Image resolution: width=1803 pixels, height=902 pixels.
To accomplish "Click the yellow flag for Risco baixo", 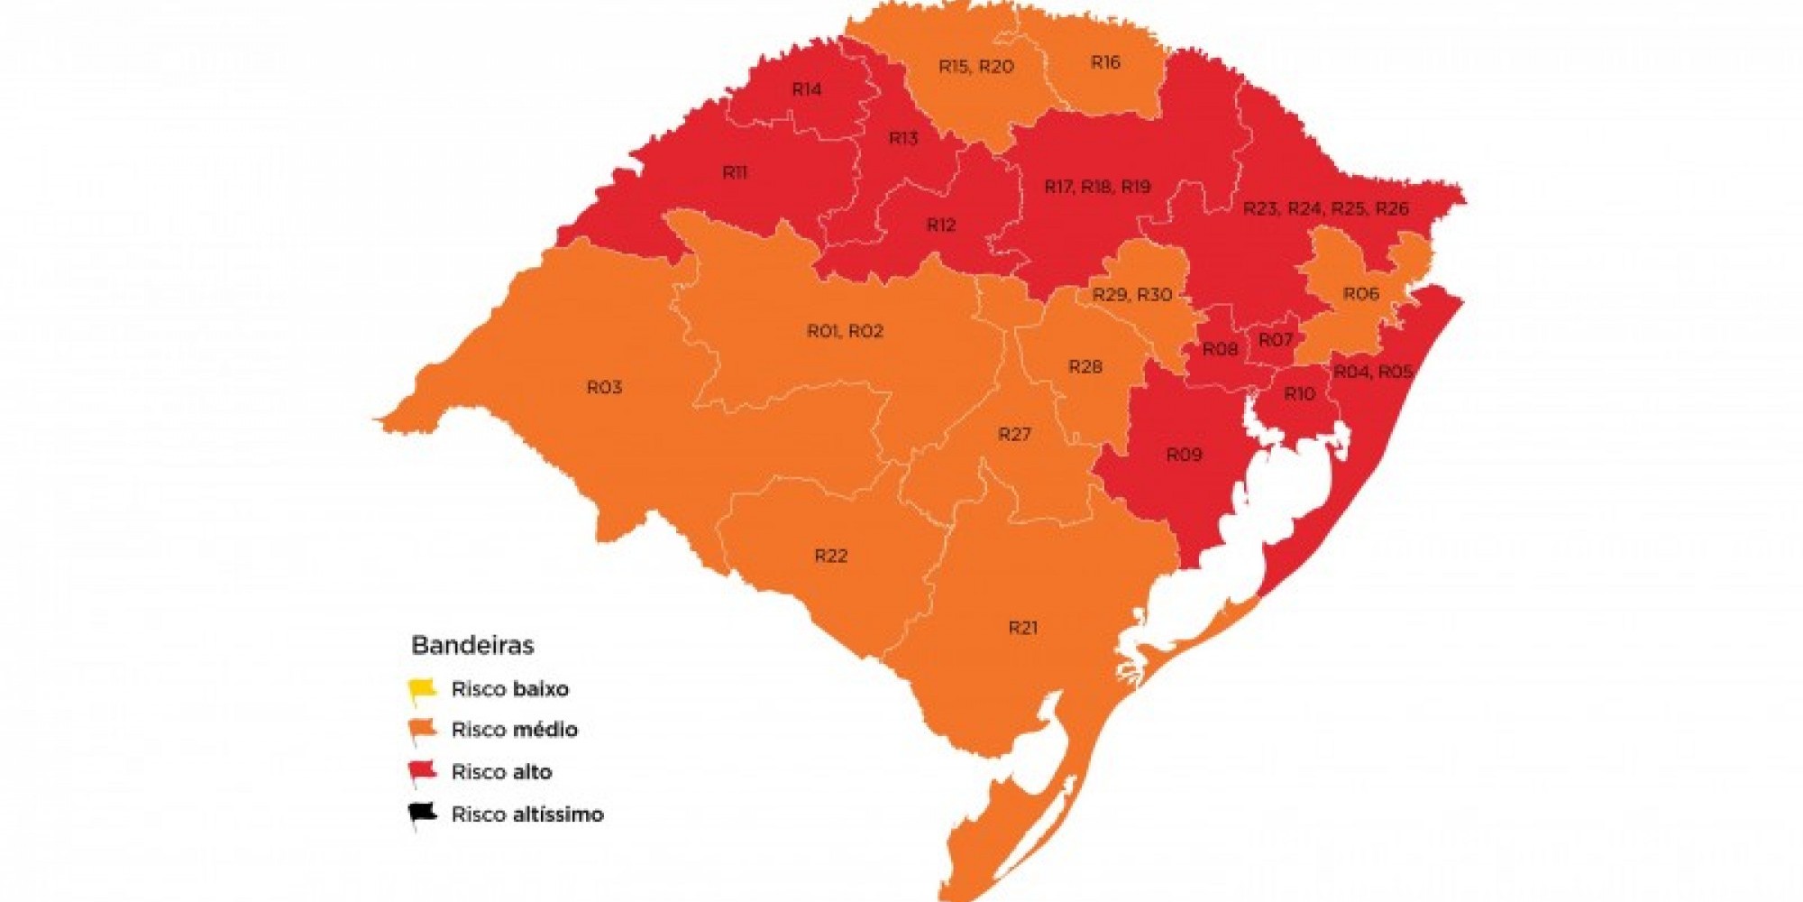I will click(422, 690).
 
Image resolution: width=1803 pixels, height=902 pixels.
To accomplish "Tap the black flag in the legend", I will click(422, 814).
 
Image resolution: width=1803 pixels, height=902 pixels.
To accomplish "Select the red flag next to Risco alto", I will click(422, 772).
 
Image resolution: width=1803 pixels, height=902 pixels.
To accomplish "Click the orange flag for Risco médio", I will click(422, 730).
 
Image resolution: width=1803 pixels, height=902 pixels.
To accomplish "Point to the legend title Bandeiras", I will click(472, 645).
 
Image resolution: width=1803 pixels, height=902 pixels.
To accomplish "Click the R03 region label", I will click(604, 387).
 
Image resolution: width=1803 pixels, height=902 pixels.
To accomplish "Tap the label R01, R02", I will click(845, 331).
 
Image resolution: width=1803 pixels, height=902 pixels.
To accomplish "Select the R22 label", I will click(830, 556).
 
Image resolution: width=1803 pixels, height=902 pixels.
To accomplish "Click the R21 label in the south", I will click(1023, 627).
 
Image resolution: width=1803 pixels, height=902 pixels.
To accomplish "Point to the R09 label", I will click(1184, 455).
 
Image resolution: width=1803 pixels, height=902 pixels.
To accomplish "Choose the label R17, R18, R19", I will click(1097, 187).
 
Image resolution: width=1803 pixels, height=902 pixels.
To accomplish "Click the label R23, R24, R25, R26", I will click(1325, 208).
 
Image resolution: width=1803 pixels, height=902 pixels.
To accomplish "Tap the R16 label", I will click(1105, 62).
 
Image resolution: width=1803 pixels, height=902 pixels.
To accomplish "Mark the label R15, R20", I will click(975, 66).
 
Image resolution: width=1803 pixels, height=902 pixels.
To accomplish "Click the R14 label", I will click(807, 89).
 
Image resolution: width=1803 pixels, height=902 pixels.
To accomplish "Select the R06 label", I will click(1360, 294).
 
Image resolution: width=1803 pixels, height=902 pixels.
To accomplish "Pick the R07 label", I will click(1276, 340).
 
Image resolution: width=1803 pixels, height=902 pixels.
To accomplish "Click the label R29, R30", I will click(1132, 295).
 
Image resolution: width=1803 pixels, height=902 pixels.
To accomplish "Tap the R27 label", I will click(1014, 435).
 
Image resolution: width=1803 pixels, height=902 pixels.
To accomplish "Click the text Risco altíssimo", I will click(527, 815).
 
